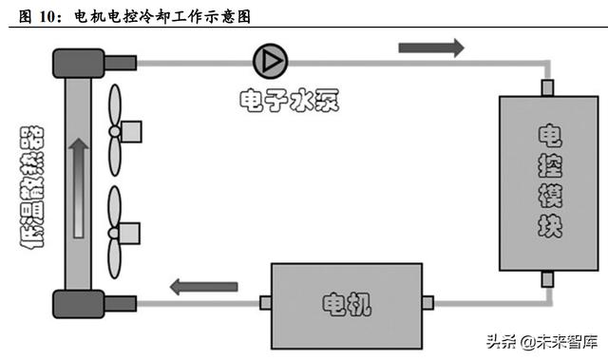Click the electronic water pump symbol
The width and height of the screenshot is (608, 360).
click(x=268, y=61)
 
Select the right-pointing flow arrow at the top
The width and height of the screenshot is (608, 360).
click(x=431, y=47)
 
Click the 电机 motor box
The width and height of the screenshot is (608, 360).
click(x=346, y=303)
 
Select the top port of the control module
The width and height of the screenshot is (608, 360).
click(x=547, y=87)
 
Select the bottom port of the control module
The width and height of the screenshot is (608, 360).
click(x=547, y=278)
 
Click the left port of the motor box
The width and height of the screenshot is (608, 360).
click(x=264, y=303)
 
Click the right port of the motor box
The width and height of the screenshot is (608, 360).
click(x=427, y=303)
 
